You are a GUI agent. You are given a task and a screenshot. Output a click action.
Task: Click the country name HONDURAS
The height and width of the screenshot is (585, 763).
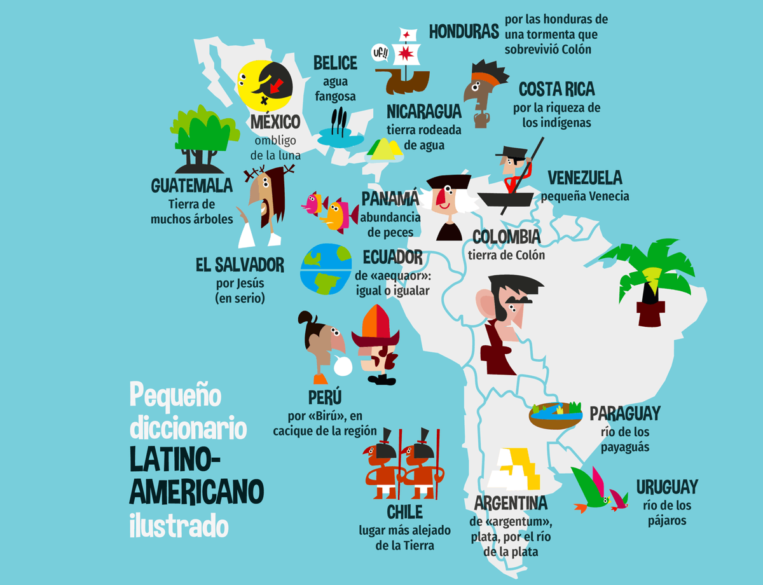pyautogui.click(x=463, y=31)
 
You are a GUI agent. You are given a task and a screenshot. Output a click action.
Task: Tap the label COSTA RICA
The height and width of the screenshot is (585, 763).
pyautogui.click(x=556, y=89)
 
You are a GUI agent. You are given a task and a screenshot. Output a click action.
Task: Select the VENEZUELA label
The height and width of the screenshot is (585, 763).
pyautogui.click(x=584, y=177)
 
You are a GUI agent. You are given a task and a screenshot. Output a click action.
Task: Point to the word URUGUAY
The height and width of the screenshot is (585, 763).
pyautogui.click(x=667, y=487)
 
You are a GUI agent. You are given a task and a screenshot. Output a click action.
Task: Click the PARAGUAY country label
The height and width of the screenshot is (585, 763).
pyautogui.click(x=624, y=413)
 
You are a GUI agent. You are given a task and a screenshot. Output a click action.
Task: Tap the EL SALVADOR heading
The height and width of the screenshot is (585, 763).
pyautogui.click(x=240, y=265)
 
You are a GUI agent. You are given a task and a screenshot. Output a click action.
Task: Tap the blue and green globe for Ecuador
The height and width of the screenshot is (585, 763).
pyautogui.click(x=326, y=269)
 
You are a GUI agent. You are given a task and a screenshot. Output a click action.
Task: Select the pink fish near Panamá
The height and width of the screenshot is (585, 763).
pyautogui.click(x=312, y=203)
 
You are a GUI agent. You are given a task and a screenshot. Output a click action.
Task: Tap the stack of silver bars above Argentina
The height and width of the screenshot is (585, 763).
pyautogui.click(x=515, y=469)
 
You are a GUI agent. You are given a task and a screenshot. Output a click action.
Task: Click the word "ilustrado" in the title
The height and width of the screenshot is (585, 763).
pyautogui.click(x=179, y=524)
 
